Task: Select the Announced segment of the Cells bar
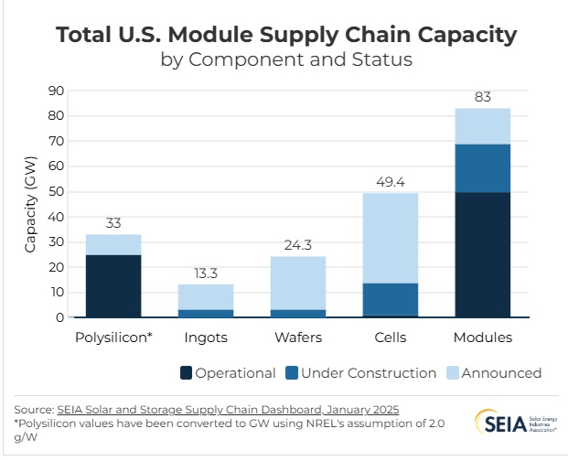(x=390, y=238)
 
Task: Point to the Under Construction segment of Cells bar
(x=390, y=299)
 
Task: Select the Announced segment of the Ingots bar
(x=205, y=296)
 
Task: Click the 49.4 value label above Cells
(x=390, y=182)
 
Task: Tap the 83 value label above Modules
(x=482, y=97)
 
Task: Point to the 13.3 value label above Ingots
(x=205, y=273)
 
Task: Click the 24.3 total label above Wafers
(x=297, y=245)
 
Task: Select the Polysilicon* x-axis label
(x=113, y=338)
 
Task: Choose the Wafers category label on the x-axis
(x=297, y=338)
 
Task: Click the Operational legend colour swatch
(x=186, y=373)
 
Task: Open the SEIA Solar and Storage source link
(x=228, y=409)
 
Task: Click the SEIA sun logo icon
(x=487, y=422)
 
